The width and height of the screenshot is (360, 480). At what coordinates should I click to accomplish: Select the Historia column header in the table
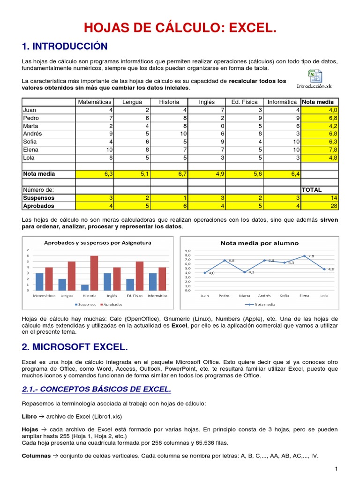point(169,102)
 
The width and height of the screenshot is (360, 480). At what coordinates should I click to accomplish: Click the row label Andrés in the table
point(30,134)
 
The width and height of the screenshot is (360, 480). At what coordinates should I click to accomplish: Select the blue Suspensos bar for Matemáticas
point(39,281)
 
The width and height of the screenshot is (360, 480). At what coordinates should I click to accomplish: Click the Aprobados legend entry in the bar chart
point(111,304)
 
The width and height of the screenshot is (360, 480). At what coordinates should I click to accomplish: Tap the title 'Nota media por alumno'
point(259,243)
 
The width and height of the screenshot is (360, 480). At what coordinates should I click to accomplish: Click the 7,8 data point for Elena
point(304,256)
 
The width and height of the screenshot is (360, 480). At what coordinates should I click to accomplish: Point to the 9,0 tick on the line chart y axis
point(187,251)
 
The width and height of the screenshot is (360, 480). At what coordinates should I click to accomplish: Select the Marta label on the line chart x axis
point(244,296)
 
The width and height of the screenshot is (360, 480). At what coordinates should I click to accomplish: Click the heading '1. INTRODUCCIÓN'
point(65,46)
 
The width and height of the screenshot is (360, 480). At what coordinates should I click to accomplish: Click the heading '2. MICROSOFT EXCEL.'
point(75,347)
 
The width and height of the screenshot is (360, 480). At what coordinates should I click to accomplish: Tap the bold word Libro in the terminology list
point(29,416)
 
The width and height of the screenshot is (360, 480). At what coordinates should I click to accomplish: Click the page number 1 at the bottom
point(336,469)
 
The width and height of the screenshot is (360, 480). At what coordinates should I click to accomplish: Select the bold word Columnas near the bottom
point(36,455)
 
